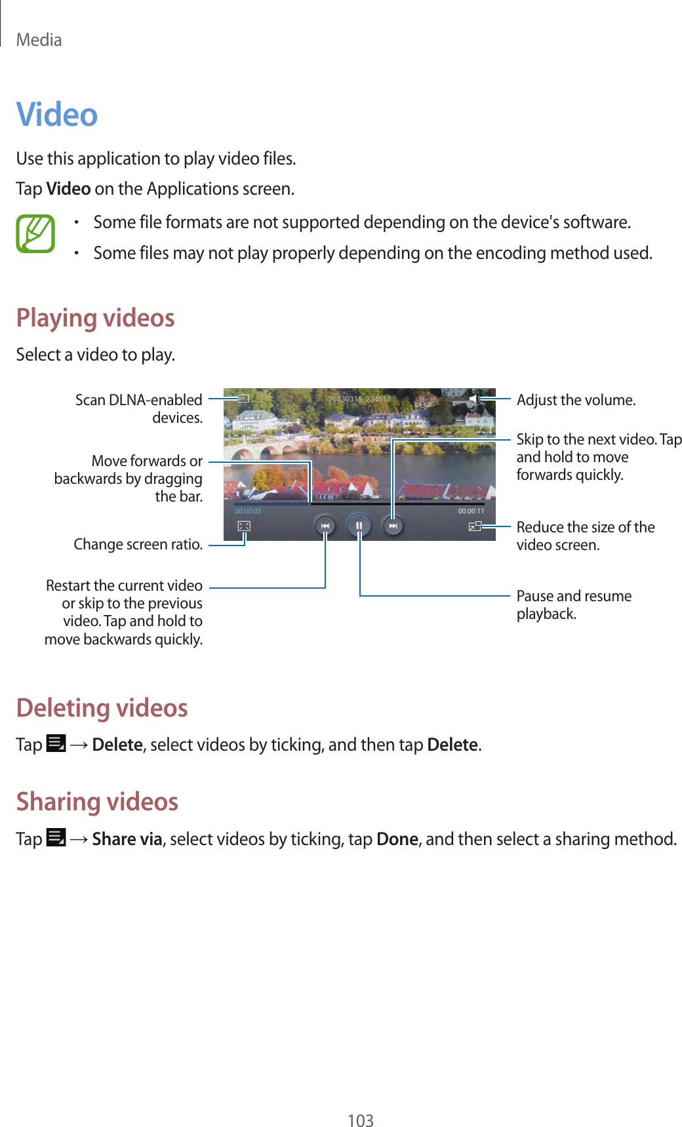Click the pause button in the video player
[359, 526]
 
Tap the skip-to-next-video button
[393, 526]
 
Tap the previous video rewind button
[325, 526]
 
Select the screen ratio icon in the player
[244, 526]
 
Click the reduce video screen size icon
[475, 526]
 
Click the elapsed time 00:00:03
[248, 511]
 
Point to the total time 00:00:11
[471, 511]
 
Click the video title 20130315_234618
[359, 399]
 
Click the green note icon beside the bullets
[35, 234]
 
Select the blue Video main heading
[57, 114]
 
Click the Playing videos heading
[96, 318]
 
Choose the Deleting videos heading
[102, 708]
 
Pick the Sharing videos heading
[98, 802]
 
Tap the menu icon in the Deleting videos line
[56, 744]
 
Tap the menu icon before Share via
[56, 839]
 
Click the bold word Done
[397, 839]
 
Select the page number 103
[361, 1120]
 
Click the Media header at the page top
[39, 40]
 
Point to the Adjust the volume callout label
[576, 400]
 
